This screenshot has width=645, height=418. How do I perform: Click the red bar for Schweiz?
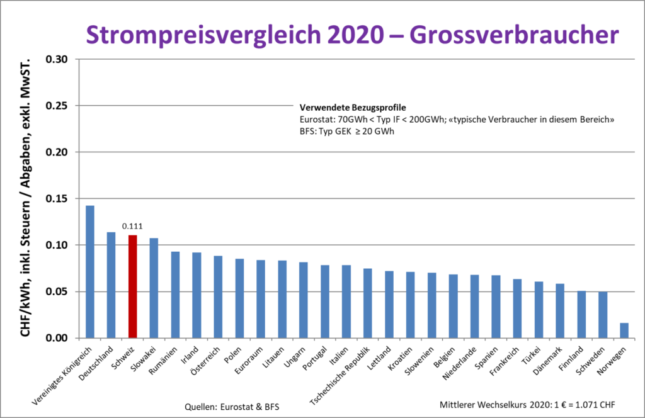click(132, 286)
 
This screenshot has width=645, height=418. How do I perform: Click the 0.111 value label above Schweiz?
click(132, 225)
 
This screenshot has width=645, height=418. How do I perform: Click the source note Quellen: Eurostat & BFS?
click(232, 406)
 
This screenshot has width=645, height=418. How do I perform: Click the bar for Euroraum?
click(261, 299)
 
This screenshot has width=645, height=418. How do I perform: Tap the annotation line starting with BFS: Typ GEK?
click(346, 131)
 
